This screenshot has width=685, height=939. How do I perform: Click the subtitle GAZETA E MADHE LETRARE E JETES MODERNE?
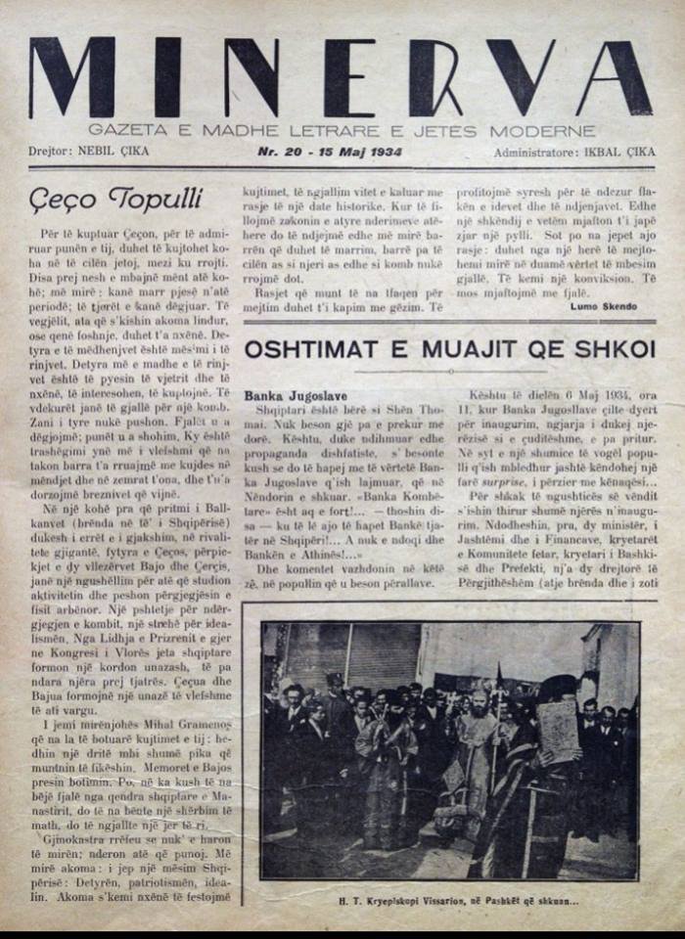click(341, 129)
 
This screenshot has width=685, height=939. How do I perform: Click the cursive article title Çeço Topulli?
click(115, 200)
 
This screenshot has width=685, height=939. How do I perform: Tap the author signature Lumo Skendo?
click(603, 306)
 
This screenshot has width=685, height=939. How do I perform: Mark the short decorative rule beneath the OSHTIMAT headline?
click(449, 372)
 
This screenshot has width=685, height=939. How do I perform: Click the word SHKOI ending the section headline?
click(617, 348)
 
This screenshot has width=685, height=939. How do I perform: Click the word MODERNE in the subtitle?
click(558, 129)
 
